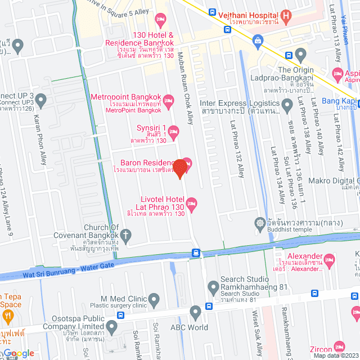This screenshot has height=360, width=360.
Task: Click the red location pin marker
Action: [x=180, y=168]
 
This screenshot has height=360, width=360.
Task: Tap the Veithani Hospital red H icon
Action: [x=286, y=16]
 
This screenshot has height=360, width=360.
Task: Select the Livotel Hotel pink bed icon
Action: [x=192, y=203]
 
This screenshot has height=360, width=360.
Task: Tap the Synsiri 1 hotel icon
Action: [x=174, y=133]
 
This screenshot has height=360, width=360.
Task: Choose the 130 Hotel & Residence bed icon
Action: [x=160, y=21]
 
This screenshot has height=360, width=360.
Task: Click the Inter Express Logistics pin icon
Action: [x=287, y=104]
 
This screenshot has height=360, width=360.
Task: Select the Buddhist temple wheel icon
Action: [x=260, y=223]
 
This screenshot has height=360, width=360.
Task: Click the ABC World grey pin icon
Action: [x=195, y=312]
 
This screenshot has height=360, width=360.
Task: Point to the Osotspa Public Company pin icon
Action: [x=111, y=326]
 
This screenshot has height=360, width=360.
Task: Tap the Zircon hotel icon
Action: [x=338, y=346]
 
